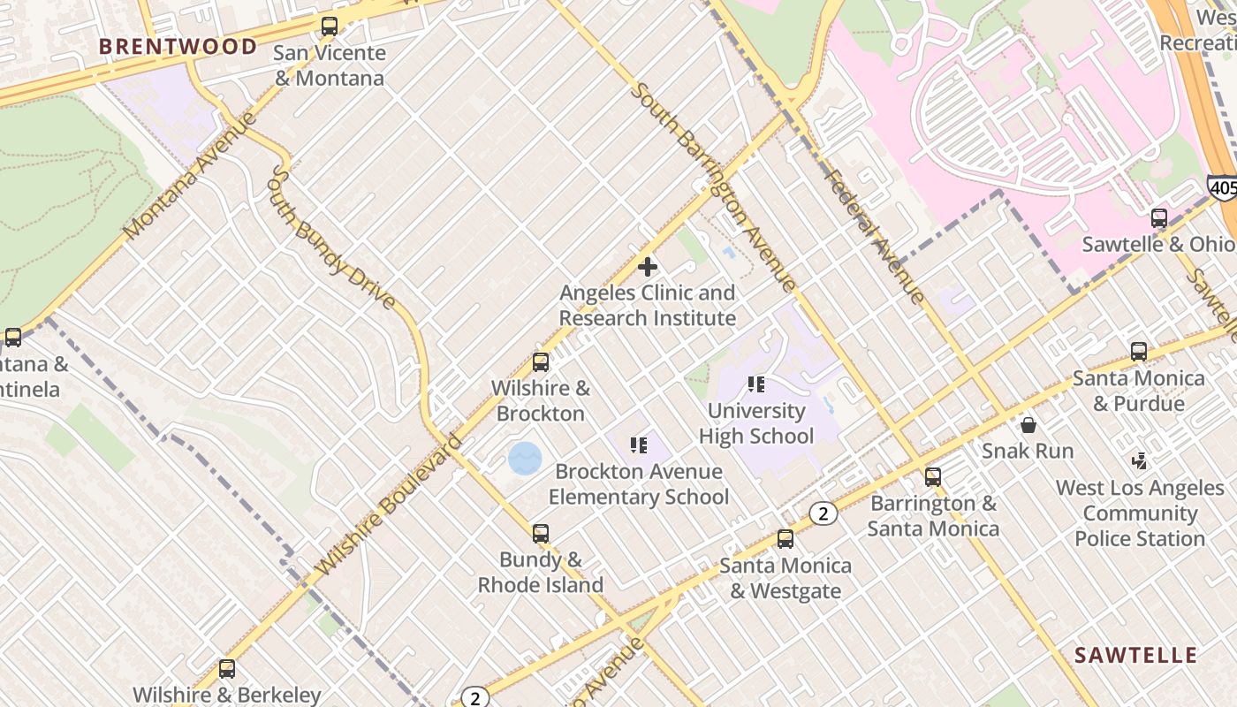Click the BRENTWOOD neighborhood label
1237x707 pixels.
click(x=178, y=47)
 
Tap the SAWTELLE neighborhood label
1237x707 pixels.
click(x=1135, y=655)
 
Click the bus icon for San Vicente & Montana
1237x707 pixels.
click(x=330, y=27)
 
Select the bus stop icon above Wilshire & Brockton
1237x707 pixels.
click(x=541, y=362)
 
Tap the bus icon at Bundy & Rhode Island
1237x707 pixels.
click(x=541, y=534)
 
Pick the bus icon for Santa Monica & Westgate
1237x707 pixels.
click(x=785, y=539)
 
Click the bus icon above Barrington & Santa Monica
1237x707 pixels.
click(x=933, y=477)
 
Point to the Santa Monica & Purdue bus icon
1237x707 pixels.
click(x=1139, y=352)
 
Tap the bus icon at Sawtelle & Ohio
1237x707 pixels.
click(x=1158, y=218)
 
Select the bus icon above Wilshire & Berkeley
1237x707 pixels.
click(x=227, y=669)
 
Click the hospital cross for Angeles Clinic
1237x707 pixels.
click(x=648, y=266)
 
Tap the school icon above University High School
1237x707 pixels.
click(x=756, y=384)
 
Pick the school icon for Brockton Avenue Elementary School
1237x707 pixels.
click(x=639, y=445)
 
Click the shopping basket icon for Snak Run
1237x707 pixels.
click(x=1028, y=425)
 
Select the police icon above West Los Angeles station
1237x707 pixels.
click(x=1140, y=461)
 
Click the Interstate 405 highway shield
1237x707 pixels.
click(x=1222, y=187)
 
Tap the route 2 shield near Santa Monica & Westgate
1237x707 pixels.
click(x=823, y=513)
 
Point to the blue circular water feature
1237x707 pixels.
click(x=525, y=458)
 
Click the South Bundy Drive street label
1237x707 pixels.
click(x=330, y=239)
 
